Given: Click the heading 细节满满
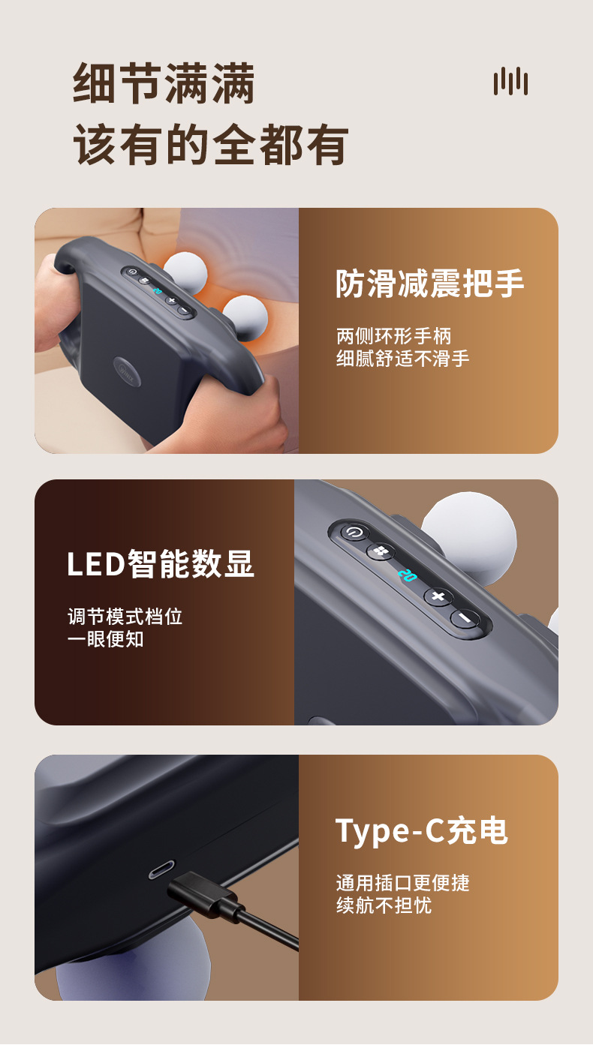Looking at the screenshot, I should coord(164,84).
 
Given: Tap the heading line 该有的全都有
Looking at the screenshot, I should coord(211,145).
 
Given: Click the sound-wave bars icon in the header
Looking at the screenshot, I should coord(510,81).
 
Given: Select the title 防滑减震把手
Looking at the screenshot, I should coord(429,284).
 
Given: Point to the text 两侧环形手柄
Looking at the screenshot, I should coord(393,336).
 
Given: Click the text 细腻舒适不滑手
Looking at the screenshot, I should coord(402,359).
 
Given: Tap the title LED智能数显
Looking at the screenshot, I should coord(161,564).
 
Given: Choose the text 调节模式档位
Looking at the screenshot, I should coord(125,617).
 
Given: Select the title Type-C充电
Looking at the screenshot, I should coord(421,831).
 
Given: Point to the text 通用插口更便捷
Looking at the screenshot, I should coord(402,883).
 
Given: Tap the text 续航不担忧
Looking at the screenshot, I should coord(384,905).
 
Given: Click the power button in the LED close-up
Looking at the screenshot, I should coord(354,533).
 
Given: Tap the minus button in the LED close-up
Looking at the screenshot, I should coord(465,619).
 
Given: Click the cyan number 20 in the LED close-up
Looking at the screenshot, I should coord(407,576).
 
